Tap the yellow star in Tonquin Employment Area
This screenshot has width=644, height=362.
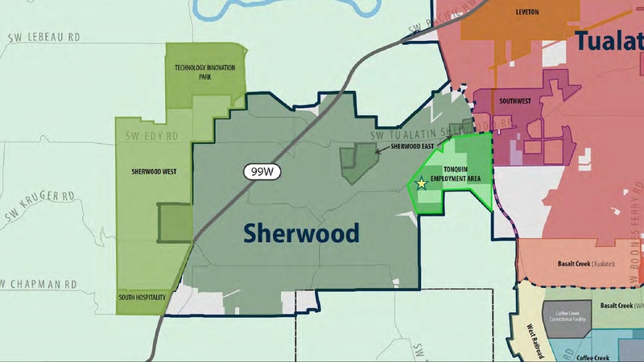coord(421,183)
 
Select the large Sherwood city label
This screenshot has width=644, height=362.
coord(301,233)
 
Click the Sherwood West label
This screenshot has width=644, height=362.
coord(153,171)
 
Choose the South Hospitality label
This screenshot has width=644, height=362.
coord(141,298)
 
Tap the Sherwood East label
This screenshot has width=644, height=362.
coord(412,147)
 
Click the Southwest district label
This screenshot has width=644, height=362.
coord(515,102)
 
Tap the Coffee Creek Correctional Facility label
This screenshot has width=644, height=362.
coord(566,316)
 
